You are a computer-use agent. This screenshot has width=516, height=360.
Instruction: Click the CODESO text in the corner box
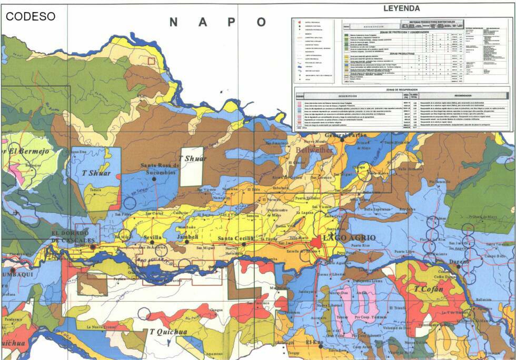30,16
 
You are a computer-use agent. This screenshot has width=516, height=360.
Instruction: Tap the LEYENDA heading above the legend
402,8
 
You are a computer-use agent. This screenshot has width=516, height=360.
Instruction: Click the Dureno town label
459,261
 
